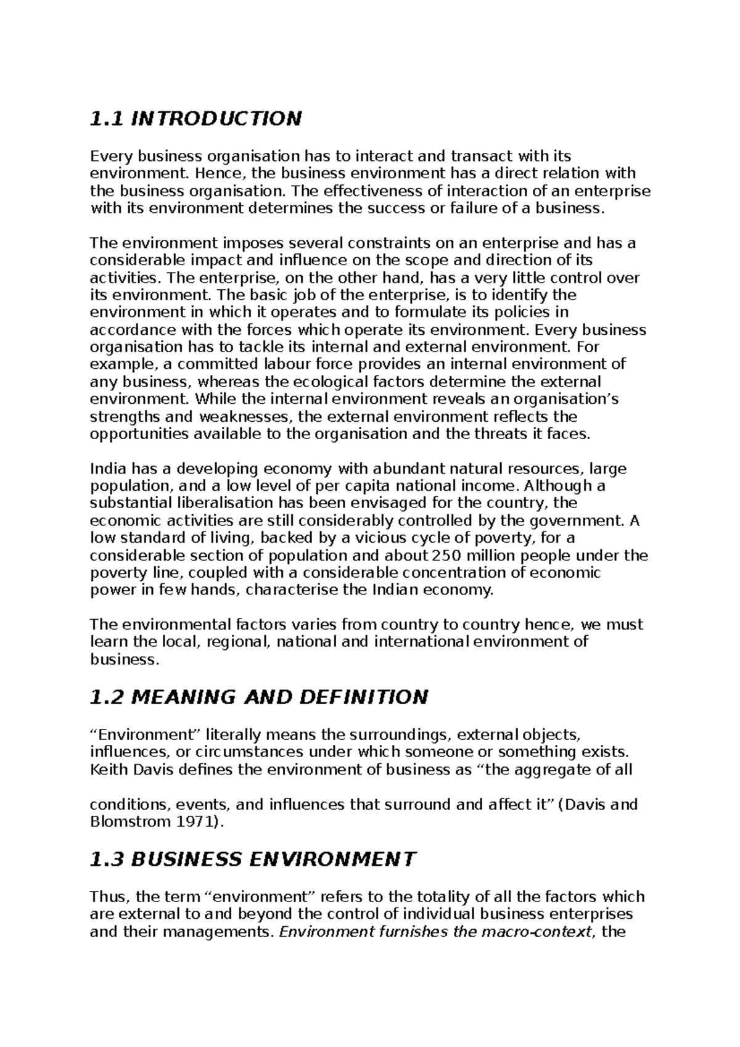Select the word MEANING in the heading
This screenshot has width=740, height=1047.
tap(184, 697)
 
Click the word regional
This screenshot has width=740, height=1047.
tap(240, 642)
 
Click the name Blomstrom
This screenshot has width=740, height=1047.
tap(126, 822)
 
